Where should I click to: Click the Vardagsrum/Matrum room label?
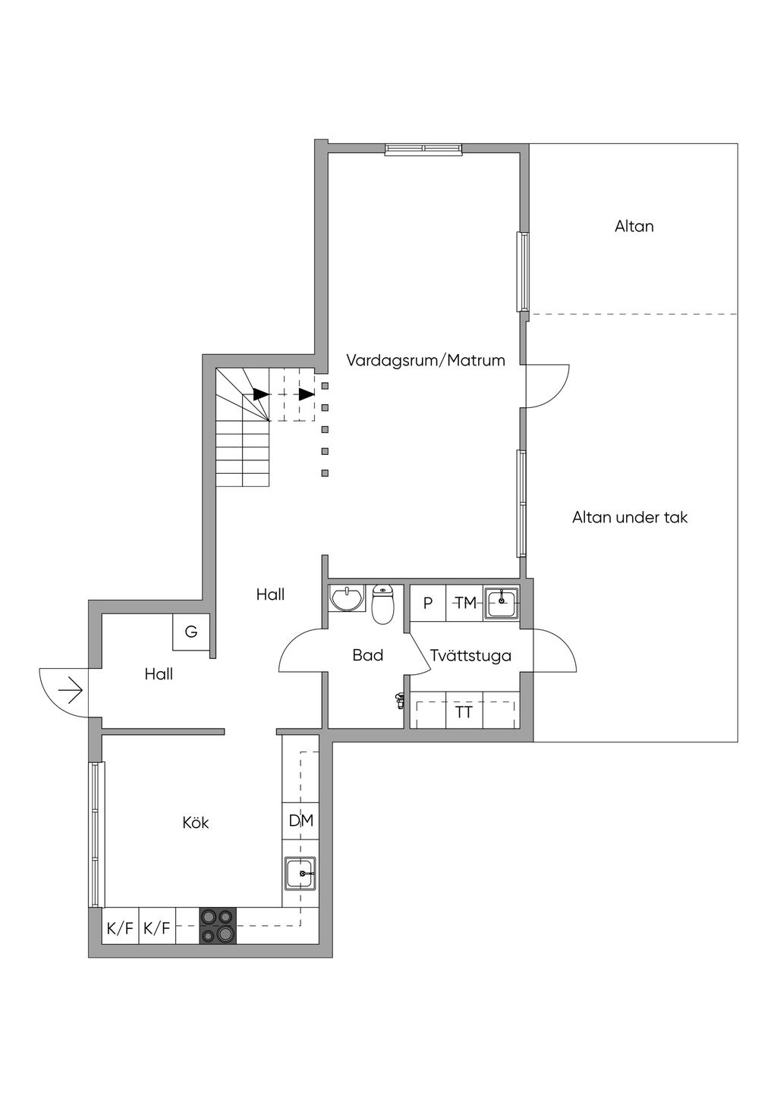pyautogui.click(x=425, y=360)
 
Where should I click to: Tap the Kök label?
pyautogui.click(x=195, y=822)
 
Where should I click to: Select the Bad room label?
pyautogui.click(x=367, y=655)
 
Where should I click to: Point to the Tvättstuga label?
pyautogui.click(x=470, y=655)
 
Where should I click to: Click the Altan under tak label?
pyautogui.click(x=630, y=517)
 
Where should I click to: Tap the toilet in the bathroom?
pyautogui.click(x=382, y=604)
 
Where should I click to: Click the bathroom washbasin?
pyautogui.click(x=347, y=598)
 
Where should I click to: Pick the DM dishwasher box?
pyautogui.click(x=300, y=820)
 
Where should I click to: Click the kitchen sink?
pyautogui.click(x=300, y=873)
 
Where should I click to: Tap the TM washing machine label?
pyautogui.click(x=465, y=602)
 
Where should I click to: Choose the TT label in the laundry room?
pyautogui.click(x=464, y=711)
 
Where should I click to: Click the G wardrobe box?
pyautogui.click(x=191, y=632)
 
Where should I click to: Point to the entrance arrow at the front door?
pyautogui.click(x=70, y=690)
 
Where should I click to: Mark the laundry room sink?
pyautogui.click(x=502, y=602)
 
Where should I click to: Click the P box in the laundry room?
pyautogui.click(x=428, y=603)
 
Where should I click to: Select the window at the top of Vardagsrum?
pyautogui.click(x=424, y=149)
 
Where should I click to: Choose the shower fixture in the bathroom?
pyautogui.click(x=400, y=701)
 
